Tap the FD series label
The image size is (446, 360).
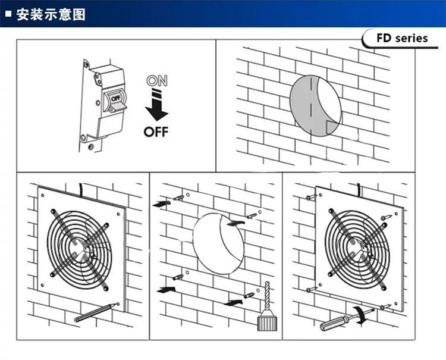tap(402, 38)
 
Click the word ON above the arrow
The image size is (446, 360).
tap(156, 80)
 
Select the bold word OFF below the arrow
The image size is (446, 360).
tap(156, 130)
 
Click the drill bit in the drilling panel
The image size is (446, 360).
tap(267, 298)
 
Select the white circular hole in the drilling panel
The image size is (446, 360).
tap(218, 244)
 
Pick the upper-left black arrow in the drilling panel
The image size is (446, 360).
tap(161, 204)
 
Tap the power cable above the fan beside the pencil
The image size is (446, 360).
tap(81, 190)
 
